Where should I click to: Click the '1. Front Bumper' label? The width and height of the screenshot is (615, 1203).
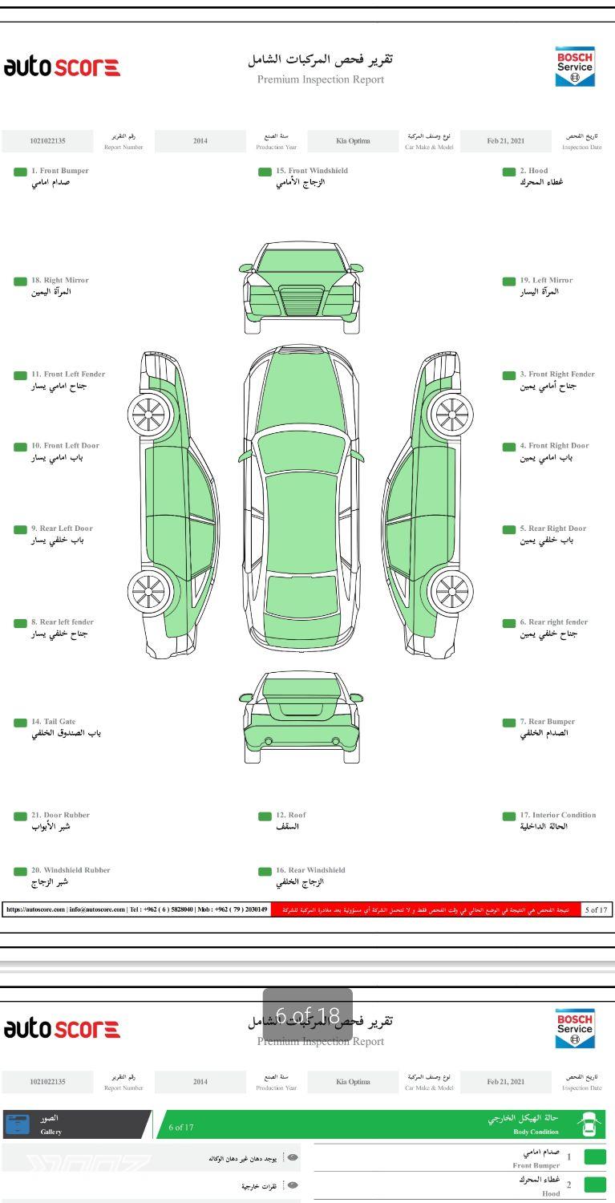59,171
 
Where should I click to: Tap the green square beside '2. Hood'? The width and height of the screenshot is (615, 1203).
508,172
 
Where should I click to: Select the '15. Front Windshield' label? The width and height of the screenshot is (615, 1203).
312,171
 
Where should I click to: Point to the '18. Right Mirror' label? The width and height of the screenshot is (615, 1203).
59,281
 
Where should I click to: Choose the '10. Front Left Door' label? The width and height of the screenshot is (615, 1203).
65,446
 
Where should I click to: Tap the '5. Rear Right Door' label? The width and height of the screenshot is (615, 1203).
552,529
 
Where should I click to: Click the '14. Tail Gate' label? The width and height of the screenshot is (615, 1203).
53,722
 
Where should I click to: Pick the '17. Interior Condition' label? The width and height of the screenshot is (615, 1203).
568,815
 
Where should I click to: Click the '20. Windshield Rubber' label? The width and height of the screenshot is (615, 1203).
71,870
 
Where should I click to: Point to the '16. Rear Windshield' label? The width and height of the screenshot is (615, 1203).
310,870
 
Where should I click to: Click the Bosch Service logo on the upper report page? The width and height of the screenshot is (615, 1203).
575,67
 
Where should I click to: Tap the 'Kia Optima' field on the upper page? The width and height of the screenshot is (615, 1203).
353,141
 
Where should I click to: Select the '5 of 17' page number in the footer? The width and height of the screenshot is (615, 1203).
597,909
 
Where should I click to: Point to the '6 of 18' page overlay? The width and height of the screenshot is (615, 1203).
308,1015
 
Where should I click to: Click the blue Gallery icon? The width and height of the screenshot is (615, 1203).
17,1124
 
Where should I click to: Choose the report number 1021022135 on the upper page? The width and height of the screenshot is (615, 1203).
48,141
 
